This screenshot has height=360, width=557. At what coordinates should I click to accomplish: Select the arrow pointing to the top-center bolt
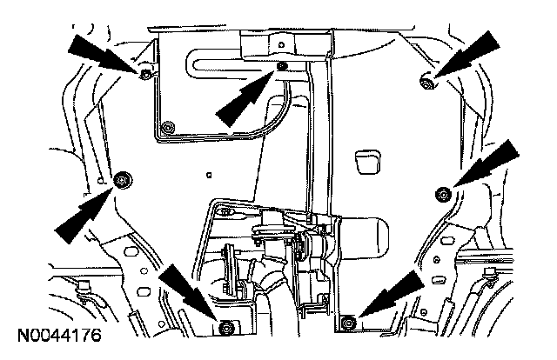244,96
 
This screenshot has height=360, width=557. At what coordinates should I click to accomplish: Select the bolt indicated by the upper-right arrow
427,83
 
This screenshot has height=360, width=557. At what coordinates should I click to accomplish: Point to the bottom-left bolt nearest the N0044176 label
227,326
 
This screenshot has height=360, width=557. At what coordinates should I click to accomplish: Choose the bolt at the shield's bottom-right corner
347,323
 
